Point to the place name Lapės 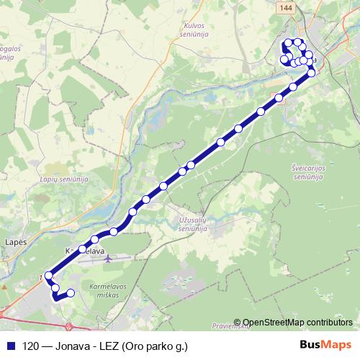15,243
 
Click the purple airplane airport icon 107,257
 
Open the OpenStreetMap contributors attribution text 298,323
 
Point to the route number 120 32,346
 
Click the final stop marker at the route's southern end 71,293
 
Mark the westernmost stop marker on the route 49,275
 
